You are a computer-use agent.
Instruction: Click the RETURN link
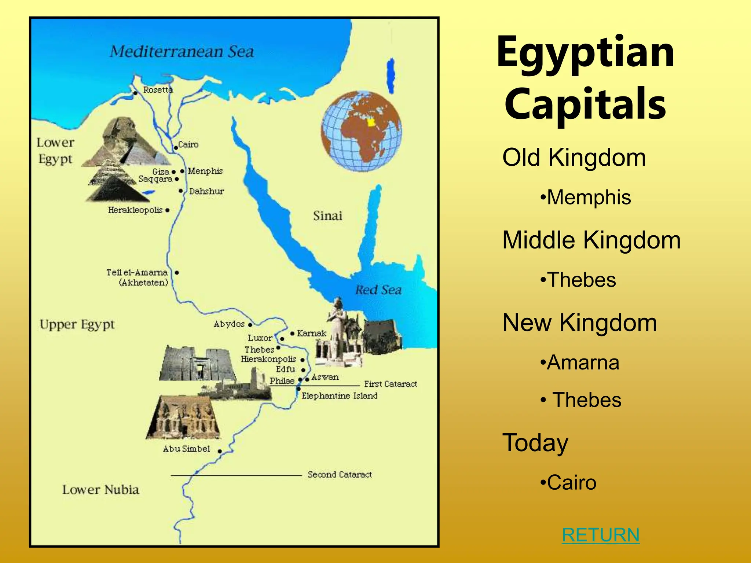tap(601, 535)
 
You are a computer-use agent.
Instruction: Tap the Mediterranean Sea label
tap(182, 52)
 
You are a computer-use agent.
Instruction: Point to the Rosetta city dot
tap(135, 93)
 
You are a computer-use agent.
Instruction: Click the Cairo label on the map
tap(188, 145)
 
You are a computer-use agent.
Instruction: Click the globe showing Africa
tap(362, 131)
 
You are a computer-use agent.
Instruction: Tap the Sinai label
tap(327, 216)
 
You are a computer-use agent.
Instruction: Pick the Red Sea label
tap(378, 290)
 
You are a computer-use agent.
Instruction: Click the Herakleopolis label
tap(135, 210)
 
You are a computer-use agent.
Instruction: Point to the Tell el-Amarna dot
tap(177, 273)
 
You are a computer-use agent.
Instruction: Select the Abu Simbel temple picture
tap(183, 417)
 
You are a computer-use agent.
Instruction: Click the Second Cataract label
tap(340, 475)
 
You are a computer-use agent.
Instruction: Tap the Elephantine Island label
tap(339, 396)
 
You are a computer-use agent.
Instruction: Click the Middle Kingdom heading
tap(591, 240)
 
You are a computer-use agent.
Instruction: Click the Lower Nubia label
tap(100, 490)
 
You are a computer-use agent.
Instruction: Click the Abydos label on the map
tap(229, 324)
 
